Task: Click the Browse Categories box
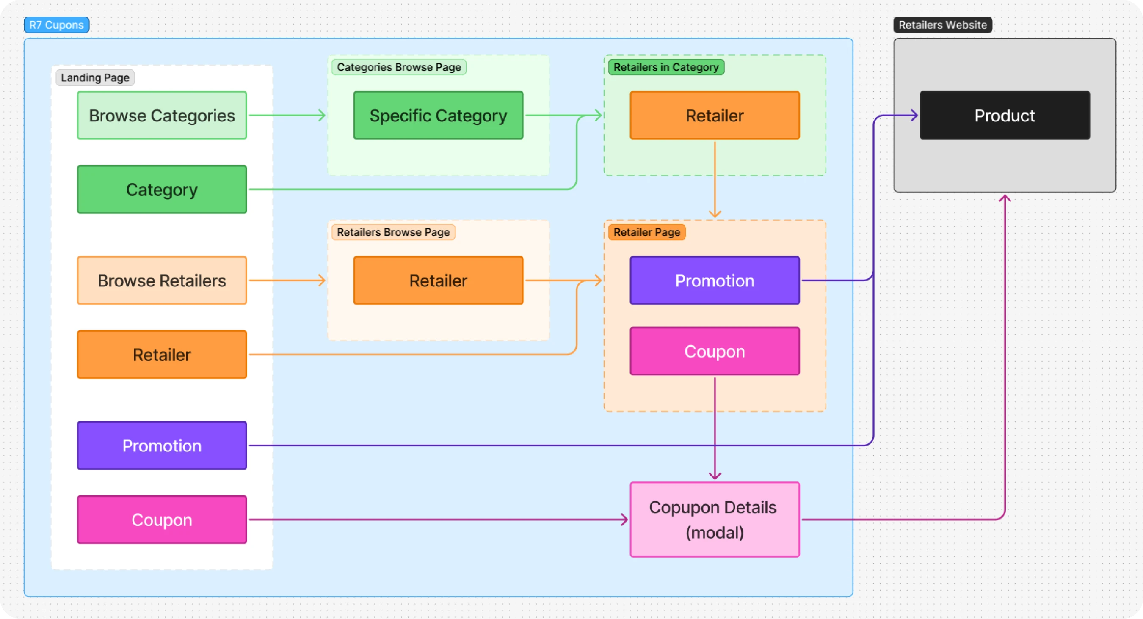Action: click(162, 115)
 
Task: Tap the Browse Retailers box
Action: click(162, 280)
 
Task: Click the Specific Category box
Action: click(439, 115)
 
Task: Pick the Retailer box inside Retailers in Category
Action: click(715, 115)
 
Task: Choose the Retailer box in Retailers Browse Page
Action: click(439, 280)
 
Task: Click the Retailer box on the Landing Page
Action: click(162, 354)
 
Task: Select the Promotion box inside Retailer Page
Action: click(715, 280)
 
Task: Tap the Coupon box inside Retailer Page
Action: click(715, 351)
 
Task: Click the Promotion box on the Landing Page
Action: click(162, 445)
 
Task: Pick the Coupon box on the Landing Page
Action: click(162, 519)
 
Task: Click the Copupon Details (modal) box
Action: click(715, 519)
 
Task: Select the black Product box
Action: click(1005, 115)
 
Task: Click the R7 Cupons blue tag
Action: click(56, 25)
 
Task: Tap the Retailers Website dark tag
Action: click(942, 25)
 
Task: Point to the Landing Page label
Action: click(95, 77)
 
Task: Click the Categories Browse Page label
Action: click(399, 67)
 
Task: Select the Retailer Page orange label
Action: click(646, 232)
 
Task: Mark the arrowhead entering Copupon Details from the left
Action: click(625, 519)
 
